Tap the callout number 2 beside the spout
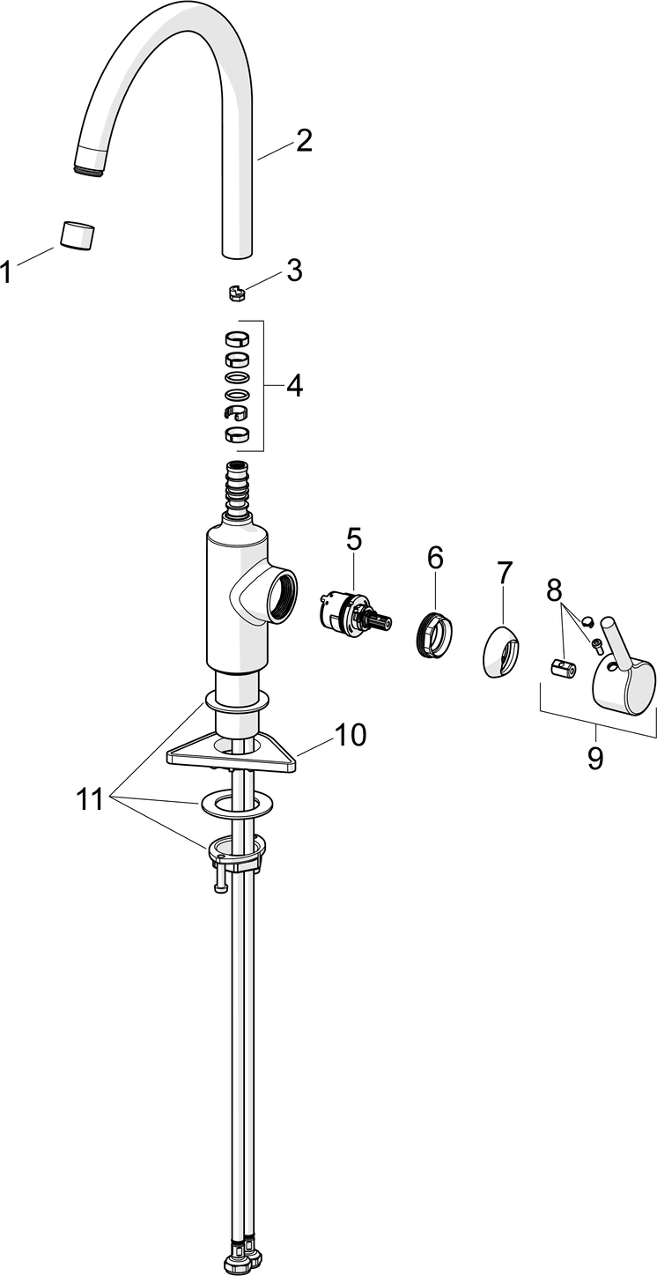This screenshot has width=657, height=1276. click(304, 141)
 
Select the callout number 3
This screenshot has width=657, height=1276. click(293, 271)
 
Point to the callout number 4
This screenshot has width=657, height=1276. click(294, 385)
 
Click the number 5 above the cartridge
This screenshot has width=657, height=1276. click(354, 539)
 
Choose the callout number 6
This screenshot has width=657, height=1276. click(435, 557)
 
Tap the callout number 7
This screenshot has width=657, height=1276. click(504, 573)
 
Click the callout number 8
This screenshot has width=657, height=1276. click(554, 590)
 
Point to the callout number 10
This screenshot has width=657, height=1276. click(350, 710)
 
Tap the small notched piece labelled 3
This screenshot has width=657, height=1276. click(235, 292)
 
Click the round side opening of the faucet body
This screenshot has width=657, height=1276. click(281, 597)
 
